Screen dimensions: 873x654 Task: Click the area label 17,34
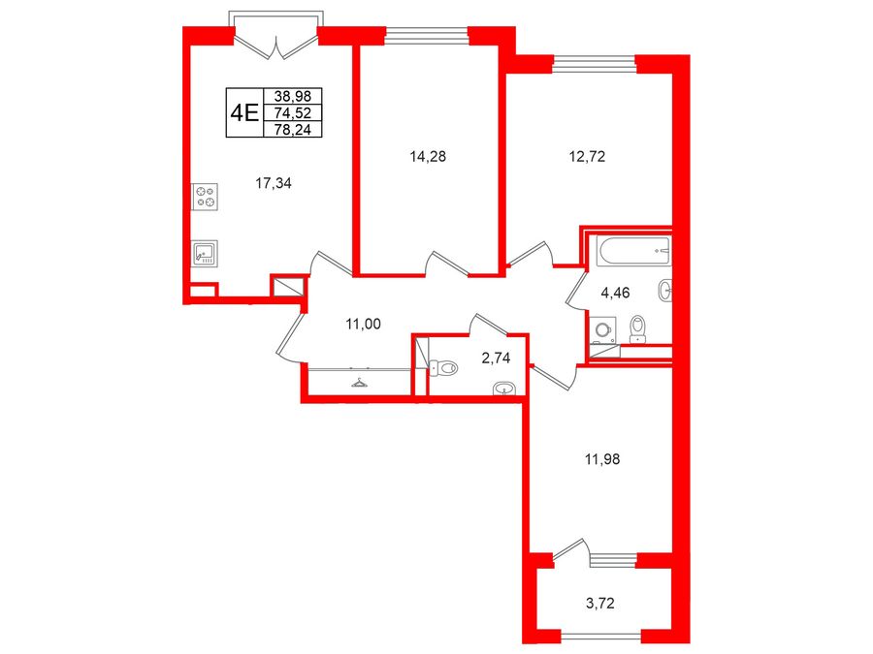tap(274, 183)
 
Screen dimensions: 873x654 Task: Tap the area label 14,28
tap(428, 157)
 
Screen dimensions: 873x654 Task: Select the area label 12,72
tap(587, 157)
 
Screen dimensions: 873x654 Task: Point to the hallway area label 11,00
tap(363, 324)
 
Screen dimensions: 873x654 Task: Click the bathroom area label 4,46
tap(615, 293)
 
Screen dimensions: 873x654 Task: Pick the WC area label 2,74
tap(496, 358)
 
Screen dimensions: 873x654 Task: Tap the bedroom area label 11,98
tap(601, 459)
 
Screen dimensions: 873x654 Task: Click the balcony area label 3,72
tap(600, 603)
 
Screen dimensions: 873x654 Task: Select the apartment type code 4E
tap(244, 113)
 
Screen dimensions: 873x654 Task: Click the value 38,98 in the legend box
tap(293, 96)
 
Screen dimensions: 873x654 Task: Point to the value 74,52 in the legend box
tap(293, 113)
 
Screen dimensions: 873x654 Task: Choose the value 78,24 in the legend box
tap(293, 130)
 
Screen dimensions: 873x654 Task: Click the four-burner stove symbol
tap(205, 197)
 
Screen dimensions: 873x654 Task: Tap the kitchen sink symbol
tap(205, 254)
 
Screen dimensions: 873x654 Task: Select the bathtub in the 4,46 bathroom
tap(633, 250)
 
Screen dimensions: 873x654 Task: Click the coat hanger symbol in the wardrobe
tap(359, 383)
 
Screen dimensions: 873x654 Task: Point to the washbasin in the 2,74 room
tap(505, 389)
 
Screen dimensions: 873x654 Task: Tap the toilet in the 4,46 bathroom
tap(637, 329)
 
